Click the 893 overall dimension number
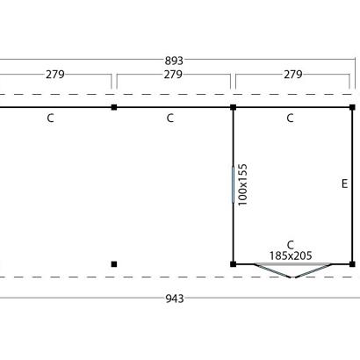coord(174,61)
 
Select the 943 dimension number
coord(175,299)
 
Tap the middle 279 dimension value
coord(173,75)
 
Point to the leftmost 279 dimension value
coord(55,75)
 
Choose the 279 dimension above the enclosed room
coord(293,75)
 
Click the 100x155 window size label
coord(243,184)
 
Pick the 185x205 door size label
coord(291,256)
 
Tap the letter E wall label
coord(345,184)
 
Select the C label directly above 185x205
coord(291,245)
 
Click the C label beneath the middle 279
coord(170,119)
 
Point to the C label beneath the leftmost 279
coord(50,119)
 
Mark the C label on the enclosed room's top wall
coord(290,119)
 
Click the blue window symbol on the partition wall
coord(233,184)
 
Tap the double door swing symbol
coord(292,270)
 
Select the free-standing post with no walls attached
coord(114,264)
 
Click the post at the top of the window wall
coord(233,107)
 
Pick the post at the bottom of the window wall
coord(233,264)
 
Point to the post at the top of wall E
coord(352,107)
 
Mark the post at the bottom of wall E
coord(352,264)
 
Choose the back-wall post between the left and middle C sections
coord(114,107)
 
